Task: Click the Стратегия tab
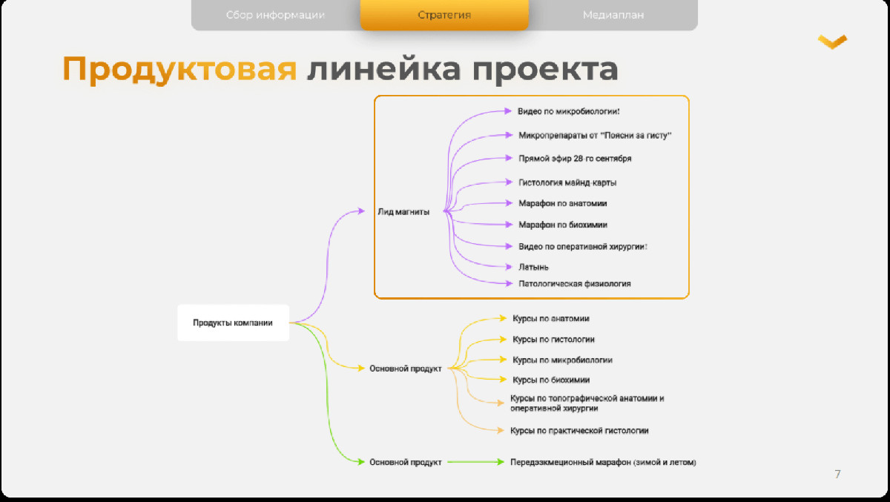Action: point(444,15)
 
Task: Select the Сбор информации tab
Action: point(275,15)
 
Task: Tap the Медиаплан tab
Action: point(613,15)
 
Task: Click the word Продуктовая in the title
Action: point(179,70)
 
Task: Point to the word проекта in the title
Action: point(544,70)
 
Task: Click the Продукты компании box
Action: point(233,323)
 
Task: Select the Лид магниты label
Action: point(403,211)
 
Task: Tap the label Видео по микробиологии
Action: point(568,111)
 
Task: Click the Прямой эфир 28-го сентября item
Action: point(575,159)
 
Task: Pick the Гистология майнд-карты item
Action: point(567,182)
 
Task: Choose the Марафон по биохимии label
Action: point(563,225)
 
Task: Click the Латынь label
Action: point(533,267)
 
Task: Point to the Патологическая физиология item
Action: point(575,283)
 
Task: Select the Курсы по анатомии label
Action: point(550,319)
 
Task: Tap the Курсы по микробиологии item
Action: point(562,360)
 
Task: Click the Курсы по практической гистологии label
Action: point(579,431)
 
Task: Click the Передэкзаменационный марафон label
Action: point(603,462)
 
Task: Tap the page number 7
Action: point(837,475)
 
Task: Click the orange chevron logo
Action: point(832,42)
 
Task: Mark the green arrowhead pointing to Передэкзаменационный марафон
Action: point(501,462)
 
